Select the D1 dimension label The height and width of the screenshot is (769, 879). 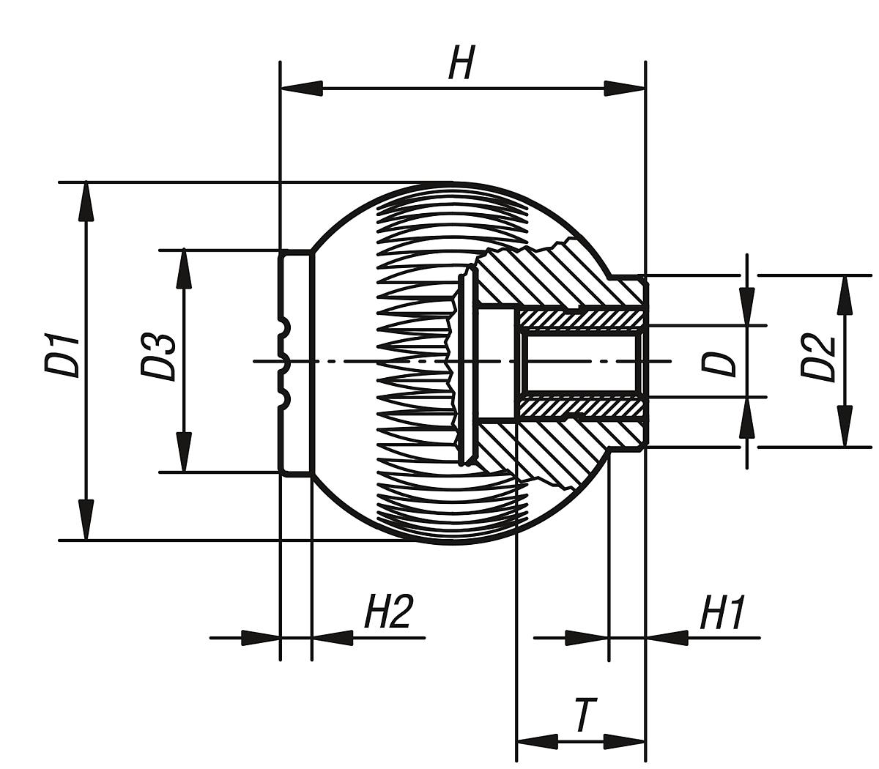[x=62, y=354]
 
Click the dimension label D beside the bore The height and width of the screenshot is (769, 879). [x=718, y=363]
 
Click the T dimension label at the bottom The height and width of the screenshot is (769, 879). [x=582, y=716]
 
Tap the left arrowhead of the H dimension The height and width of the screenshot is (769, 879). [x=301, y=89]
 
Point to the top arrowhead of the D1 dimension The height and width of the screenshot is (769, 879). [x=86, y=201]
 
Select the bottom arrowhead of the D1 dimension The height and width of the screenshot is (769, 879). [x=86, y=520]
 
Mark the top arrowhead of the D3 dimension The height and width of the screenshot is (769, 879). [x=184, y=270]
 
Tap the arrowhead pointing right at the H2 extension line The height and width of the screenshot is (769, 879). [x=261, y=638]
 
